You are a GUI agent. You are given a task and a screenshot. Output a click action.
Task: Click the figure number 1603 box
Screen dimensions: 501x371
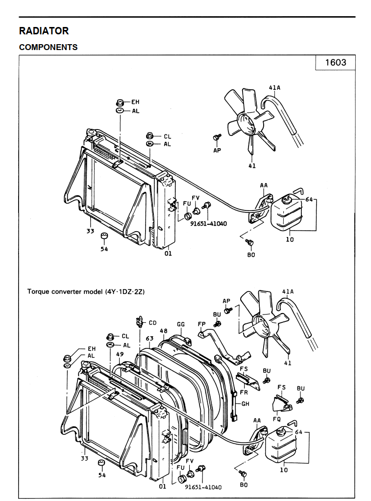pyautogui.click(x=336, y=62)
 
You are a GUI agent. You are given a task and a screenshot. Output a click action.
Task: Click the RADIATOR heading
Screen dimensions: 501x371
pyautogui.click(x=44, y=30)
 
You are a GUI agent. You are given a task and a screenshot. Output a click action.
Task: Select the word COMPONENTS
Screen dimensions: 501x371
pyautogui.click(x=48, y=47)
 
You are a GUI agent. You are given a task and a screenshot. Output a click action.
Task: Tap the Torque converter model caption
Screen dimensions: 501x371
pyautogui.click(x=86, y=291)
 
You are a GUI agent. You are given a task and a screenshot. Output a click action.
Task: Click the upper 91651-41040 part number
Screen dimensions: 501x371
pyautogui.click(x=209, y=223)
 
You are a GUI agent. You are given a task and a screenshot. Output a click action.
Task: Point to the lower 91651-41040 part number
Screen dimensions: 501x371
pyautogui.click(x=203, y=487)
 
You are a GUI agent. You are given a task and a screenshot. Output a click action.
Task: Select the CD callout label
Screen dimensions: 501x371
pyautogui.click(x=152, y=323)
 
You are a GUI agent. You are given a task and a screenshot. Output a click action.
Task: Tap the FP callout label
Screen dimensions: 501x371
pyautogui.click(x=201, y=324)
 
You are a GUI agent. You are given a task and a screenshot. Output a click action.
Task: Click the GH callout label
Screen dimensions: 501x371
pyautogui.click(x=245, y=404)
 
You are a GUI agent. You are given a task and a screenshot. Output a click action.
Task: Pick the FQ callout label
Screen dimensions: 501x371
pyautogui.click(x=276, y=420)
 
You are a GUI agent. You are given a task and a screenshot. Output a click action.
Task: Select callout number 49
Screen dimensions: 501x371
pyautogui.click(x=120, y=354)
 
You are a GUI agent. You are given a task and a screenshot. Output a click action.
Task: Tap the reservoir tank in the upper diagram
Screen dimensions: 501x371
pyautogui.click(x=283, y=212)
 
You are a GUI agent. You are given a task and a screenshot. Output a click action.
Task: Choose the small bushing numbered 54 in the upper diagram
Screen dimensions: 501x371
pyautogui.click(x=104, y=237)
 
